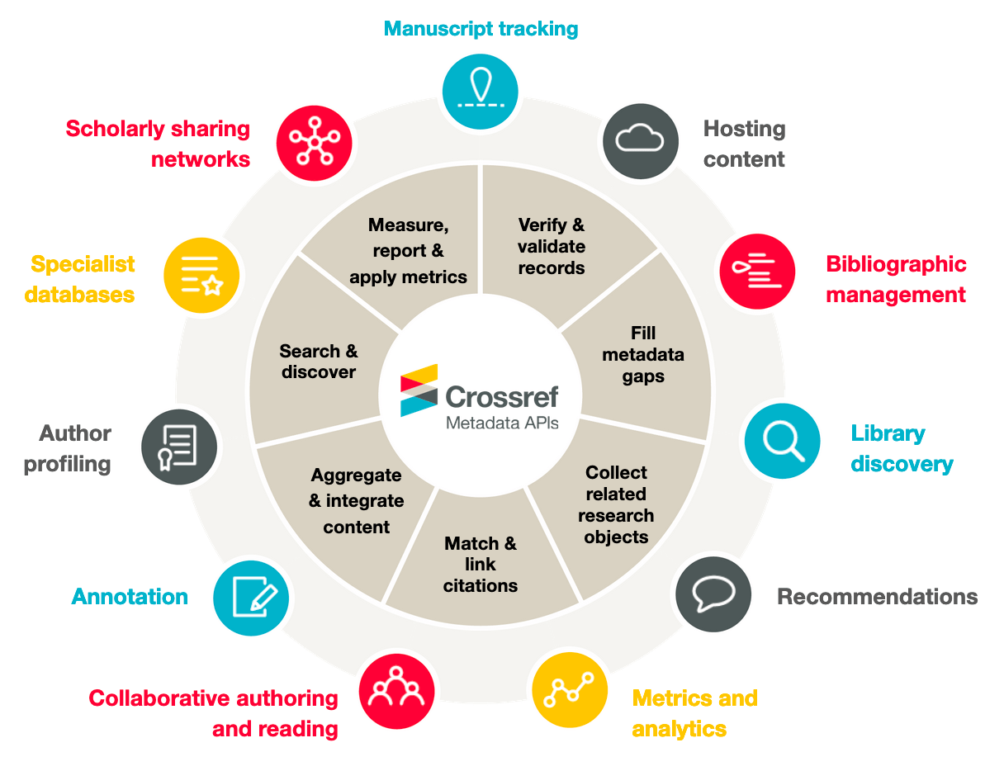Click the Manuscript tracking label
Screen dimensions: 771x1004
[x=481, y=29]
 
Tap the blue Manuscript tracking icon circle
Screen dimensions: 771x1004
[x=481, y=90]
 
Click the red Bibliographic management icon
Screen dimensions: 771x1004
[x=757, y=271]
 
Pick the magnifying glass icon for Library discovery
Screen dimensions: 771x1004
[x=782, y=441]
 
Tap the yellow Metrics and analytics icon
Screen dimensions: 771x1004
[x=570, y=690]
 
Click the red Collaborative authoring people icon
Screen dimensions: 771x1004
[x=396, y=690]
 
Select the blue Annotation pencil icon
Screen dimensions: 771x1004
[x=251, y=598]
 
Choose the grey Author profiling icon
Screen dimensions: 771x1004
[x=179, y=447]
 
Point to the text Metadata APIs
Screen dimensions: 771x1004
[x=502, y=423]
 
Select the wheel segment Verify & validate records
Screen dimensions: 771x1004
[x=552, y=246]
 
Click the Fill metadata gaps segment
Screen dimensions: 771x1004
[x=643, y=354]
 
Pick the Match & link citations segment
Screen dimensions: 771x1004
[x=481, y=565]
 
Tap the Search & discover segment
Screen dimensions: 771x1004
[x=319, y=362]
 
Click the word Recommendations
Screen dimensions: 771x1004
[x=877, y=597]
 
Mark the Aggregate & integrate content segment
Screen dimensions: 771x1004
[x=357, y=501]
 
